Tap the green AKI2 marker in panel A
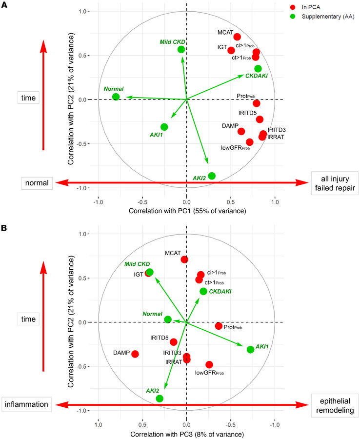(x=212, y=176)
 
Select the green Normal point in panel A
(x=116, y=97)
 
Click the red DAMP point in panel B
(x=135, y=354)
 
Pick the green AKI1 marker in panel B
(x=250, y=349)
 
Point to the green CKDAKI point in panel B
(x=203, y=291)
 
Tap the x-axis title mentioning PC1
(x=187, y=211)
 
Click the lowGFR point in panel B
(x=209, y=364)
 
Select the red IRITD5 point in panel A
(x=260, y=120)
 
